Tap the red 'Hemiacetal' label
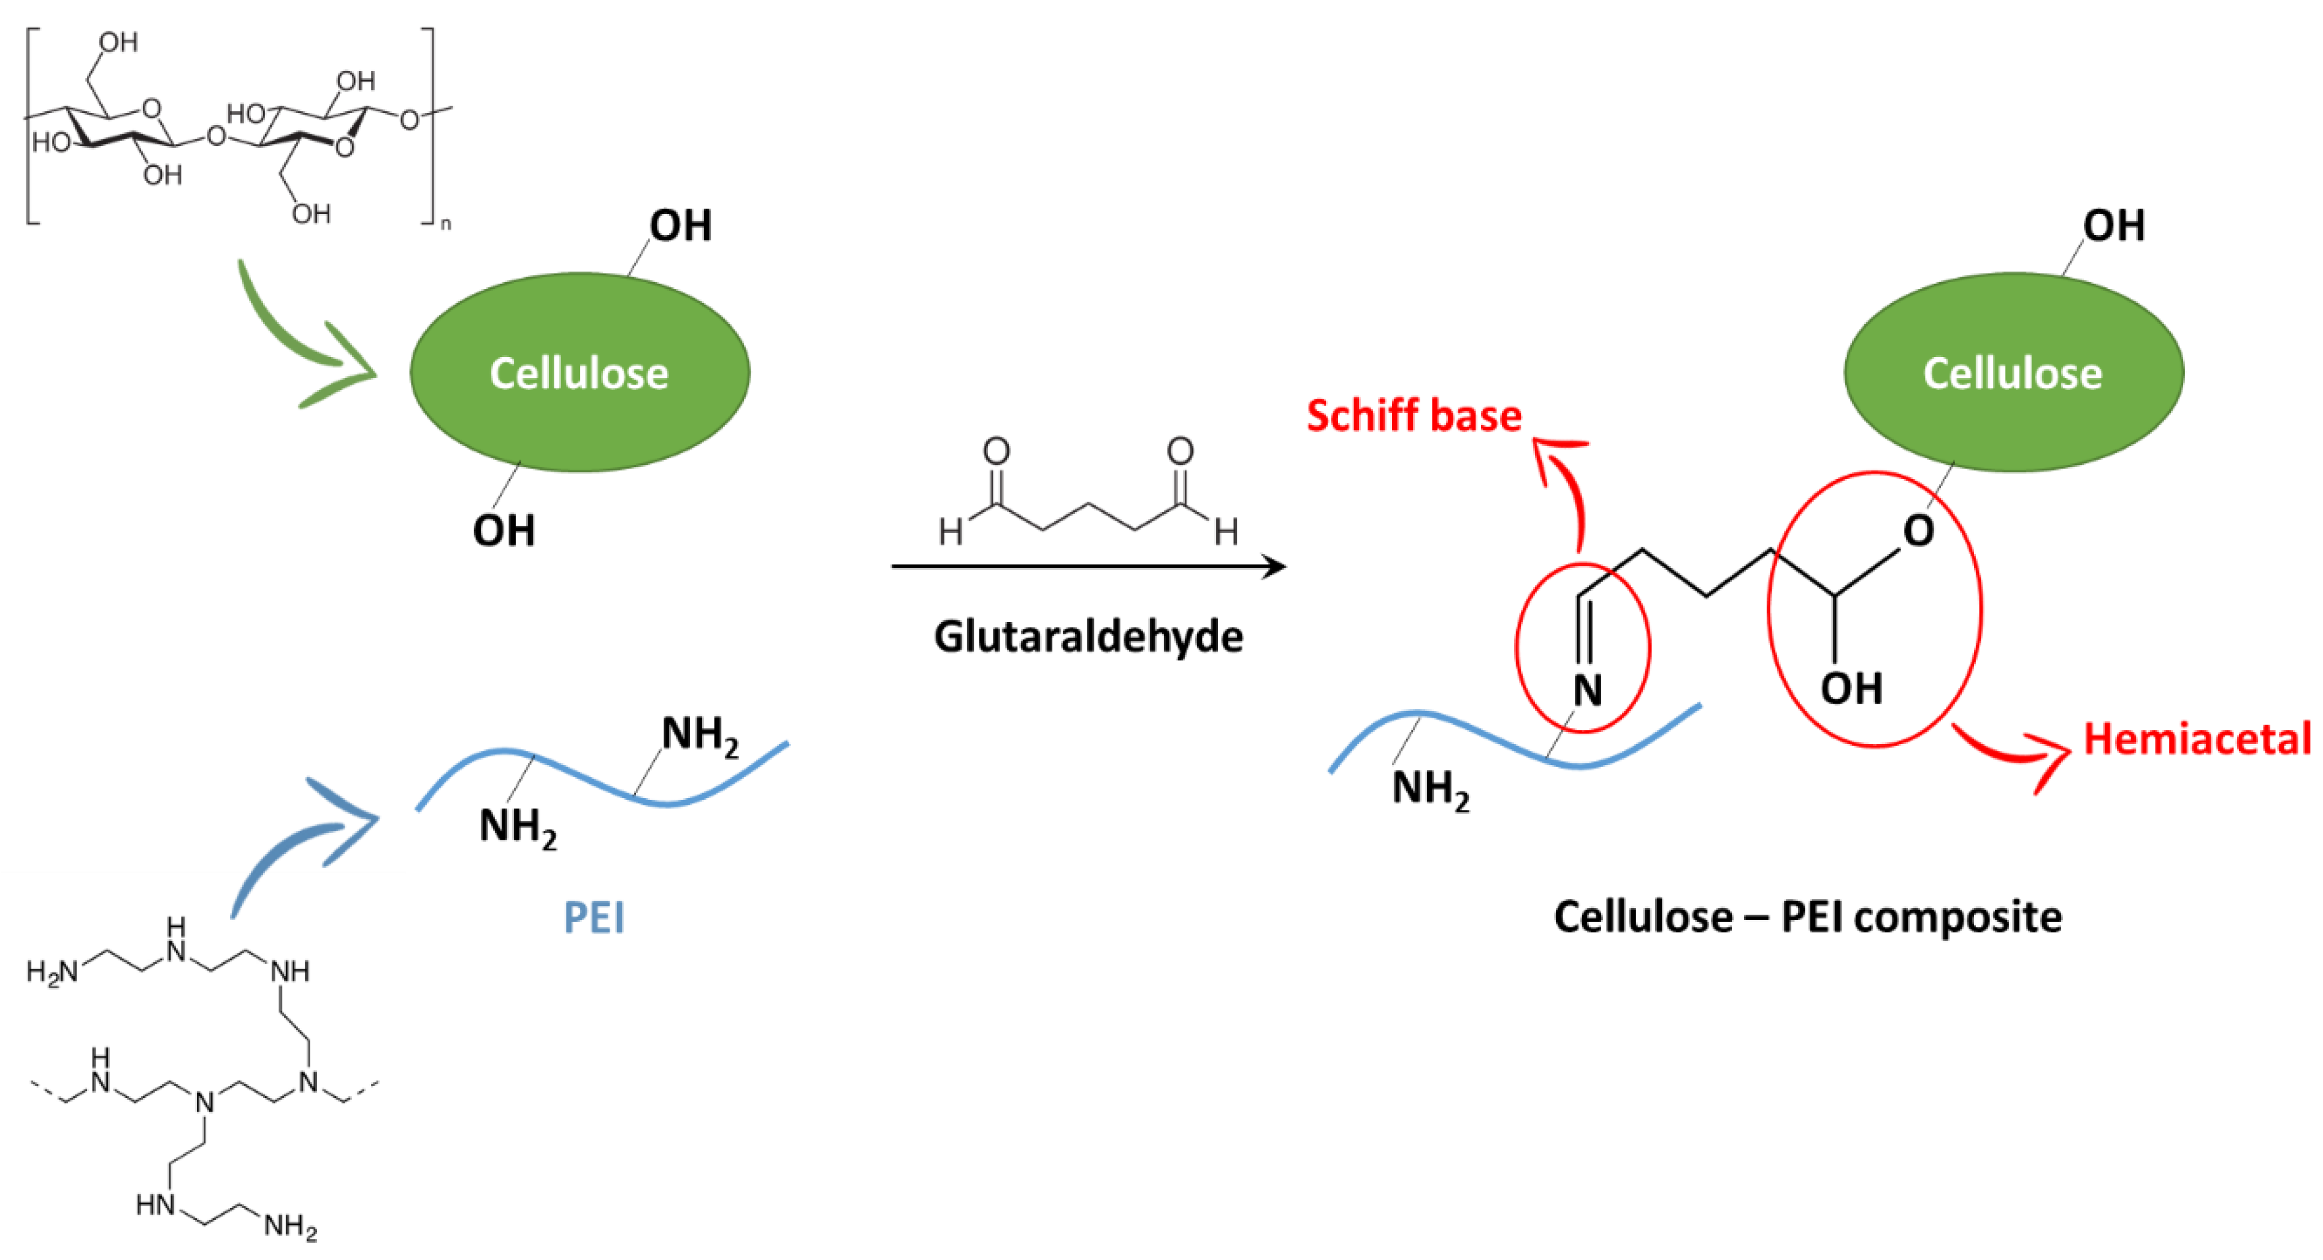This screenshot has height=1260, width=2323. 2196,739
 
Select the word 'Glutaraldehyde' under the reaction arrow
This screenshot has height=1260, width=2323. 1089,637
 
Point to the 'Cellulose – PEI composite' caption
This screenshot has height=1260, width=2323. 1807,917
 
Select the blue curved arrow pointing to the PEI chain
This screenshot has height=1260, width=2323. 297,839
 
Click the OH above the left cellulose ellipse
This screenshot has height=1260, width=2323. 681,226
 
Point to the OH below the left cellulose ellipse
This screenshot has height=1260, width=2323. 503,531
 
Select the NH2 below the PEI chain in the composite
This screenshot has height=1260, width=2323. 1429,788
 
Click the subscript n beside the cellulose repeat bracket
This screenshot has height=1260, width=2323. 445,224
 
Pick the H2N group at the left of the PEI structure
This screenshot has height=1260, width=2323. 52,972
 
